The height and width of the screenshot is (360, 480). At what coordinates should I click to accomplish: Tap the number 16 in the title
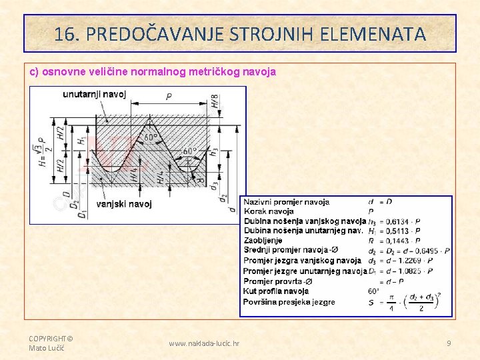pyautogui.click(x=63, y=34)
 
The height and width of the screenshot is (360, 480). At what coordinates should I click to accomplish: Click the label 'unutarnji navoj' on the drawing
pyautogui.click(x=94, y=94)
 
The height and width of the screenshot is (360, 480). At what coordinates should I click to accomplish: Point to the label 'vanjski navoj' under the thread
pyautogui.click(x=124, y=203)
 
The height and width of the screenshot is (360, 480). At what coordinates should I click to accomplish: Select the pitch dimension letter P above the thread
pyautogui.click(x=169, y=97)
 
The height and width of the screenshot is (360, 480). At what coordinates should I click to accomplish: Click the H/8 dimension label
pyautogui.click(x=215, y=101)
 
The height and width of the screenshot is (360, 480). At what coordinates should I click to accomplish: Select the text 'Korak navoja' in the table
pyautogui.click(x=269, y=211)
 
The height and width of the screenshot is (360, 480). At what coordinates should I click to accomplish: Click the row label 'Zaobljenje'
pyautogui.click(x=263, y=240)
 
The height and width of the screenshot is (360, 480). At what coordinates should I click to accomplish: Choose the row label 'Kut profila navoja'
pyautogui.click(x=276, y=291)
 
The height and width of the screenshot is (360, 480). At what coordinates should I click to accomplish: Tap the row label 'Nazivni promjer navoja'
pyautogui.click(x=286, y=202)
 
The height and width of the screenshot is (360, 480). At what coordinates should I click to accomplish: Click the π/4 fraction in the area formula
pyautogui.click(x=391, y=303)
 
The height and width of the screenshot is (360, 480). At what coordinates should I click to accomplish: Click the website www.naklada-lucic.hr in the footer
pyautogui.click(x=204, y=343)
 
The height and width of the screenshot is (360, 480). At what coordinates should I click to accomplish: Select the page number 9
pyautogui.click(x=449, y=343)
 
